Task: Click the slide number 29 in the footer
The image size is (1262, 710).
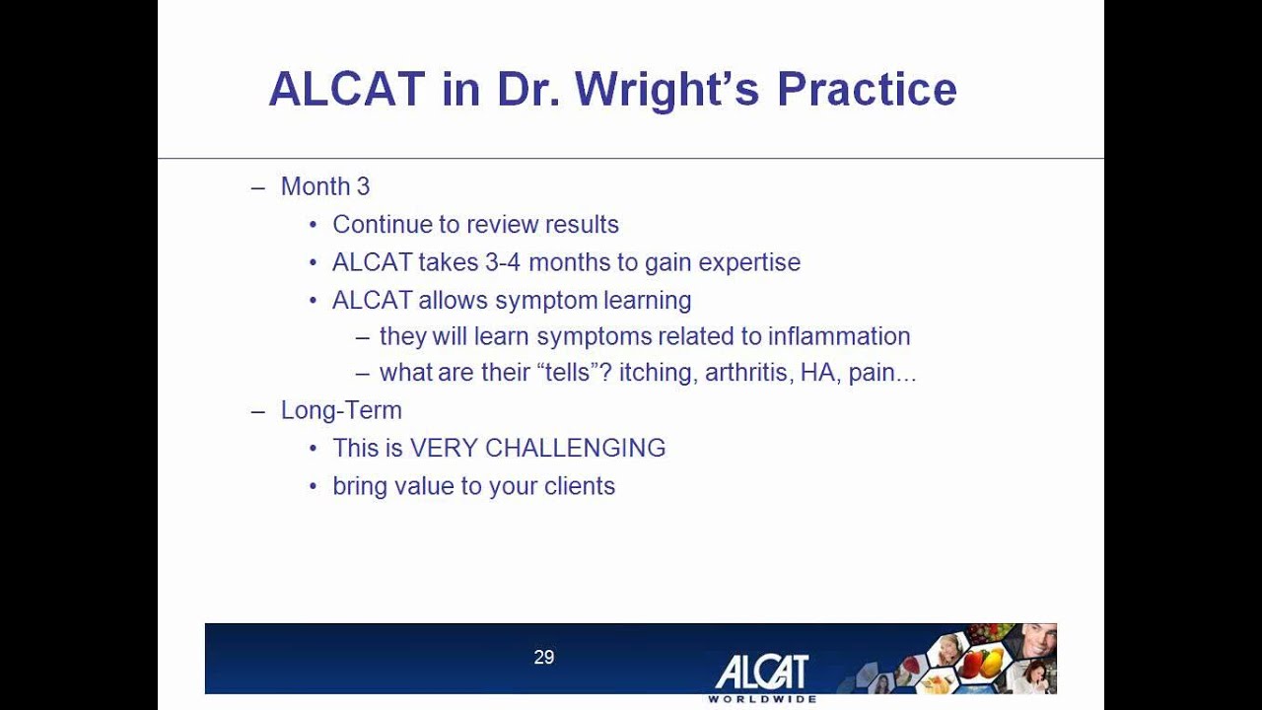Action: [544, 657]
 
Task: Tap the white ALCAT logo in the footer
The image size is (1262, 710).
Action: [761, 673]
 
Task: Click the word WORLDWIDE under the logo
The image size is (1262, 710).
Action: [762, 699]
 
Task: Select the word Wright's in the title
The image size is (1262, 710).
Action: [667, 90]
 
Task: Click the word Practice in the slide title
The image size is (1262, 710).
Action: [867, 90]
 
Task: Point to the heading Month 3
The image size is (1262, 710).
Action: [325, 186]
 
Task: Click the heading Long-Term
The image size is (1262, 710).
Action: [341, 410]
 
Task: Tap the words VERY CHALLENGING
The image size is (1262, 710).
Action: [537, 448]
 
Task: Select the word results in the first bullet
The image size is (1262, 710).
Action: [585, 225]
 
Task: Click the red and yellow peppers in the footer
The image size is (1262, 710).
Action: [982, 662]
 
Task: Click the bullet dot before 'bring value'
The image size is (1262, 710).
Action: [313, 486]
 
